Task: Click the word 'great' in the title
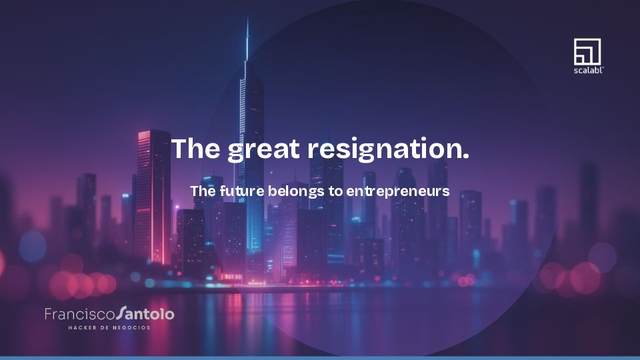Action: (x=263, y=149)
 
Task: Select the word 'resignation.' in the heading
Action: (x=387, y=149)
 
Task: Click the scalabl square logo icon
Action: (x=587, y=51)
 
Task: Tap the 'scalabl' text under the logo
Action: (x=587, y=69)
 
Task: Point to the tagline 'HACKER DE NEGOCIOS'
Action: (x=109, y=328)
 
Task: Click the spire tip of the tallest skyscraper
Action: (x=247, y=20)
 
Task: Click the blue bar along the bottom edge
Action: (x=320, y=357)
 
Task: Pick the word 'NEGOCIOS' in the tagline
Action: (x=131, y=328)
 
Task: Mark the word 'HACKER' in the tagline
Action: (x=82, y=328)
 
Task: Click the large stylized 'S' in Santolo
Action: (x=121, y=313)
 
